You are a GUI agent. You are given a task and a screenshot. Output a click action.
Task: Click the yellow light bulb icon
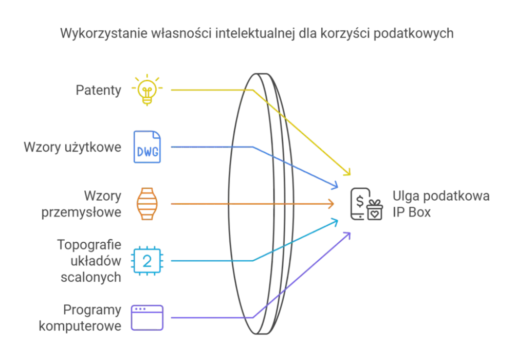click(147, 90)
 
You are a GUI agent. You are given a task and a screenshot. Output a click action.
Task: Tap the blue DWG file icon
click(147, 147)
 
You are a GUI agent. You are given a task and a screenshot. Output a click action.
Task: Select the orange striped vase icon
click(147, 204)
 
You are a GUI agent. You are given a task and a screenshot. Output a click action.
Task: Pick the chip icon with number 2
click(147, 261)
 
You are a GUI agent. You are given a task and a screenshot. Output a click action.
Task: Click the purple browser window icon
click(147, 318)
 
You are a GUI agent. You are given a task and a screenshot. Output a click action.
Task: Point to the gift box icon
click(374, 210)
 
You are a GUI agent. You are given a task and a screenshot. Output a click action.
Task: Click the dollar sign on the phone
click(360, 201)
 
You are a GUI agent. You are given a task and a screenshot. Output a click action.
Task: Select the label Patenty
click(98, 90)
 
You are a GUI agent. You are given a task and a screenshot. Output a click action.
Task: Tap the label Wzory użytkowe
click(72, 147)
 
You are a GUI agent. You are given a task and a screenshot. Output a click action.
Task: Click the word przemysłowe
click(81, 212)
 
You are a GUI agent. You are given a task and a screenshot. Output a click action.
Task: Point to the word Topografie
click(89, 245)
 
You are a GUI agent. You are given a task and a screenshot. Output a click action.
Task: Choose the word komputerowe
click(80, 326)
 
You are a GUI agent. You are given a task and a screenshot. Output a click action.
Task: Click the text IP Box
click(411, 212)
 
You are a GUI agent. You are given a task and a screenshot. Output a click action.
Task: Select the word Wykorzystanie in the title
click(104, 33)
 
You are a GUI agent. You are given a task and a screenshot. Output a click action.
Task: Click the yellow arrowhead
click(347, 172)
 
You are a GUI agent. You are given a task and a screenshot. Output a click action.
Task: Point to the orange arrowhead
click(331, 204)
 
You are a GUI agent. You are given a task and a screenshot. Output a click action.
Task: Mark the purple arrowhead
click(347, 236)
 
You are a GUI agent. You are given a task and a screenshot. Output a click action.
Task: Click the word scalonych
click(91, 277)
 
